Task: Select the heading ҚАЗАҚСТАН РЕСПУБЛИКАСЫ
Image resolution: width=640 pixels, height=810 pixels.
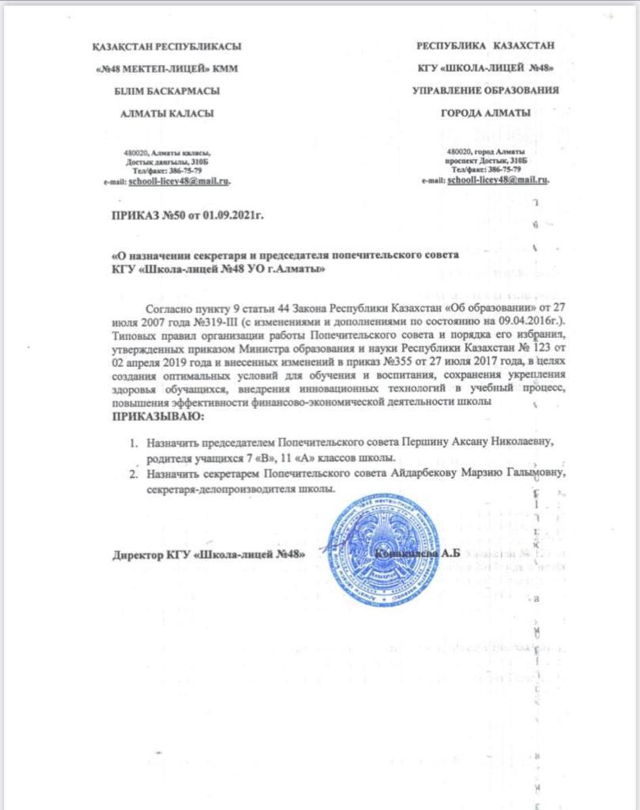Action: click(x=166, y=47)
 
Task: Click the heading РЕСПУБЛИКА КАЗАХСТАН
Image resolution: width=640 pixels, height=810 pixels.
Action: click(x=485, y=46)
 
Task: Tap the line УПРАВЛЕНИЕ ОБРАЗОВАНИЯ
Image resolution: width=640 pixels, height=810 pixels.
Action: click(x=485, y=90)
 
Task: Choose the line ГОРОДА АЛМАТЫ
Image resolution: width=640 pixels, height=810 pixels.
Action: click(x=485, y=112)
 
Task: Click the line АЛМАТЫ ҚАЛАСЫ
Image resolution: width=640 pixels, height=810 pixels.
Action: click(x=166, y=113)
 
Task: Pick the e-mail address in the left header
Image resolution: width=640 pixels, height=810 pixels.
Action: click(x=184, y=182)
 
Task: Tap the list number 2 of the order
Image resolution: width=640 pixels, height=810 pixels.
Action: click(x=134, y=475)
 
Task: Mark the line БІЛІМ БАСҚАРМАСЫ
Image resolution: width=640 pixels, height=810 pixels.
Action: click(x=166, y=90)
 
